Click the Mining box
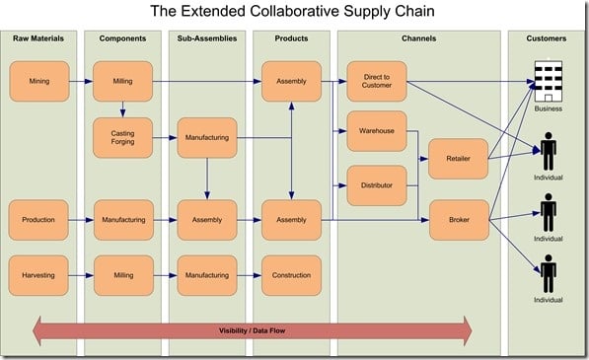[38, 81]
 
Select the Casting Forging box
[122, 137]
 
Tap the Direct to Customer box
[376, 81]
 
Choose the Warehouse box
[376, 130]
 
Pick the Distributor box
[376, 184]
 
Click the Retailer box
[459, 158]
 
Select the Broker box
[459, 220]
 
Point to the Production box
[38, 220]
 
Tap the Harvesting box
[38, 275]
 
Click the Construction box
[291, 275]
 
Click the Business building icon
[547, 81]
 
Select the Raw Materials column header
[38, 38]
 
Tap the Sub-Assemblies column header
[207, 38]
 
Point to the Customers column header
[547, 38]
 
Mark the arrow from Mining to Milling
[81, 81]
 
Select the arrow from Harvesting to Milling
[81, 275]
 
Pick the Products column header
[291, 38]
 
